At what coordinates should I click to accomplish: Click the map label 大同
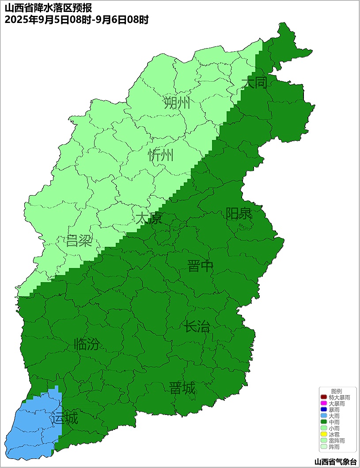[x=254, y=83]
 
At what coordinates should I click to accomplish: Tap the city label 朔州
[x=177, y=103]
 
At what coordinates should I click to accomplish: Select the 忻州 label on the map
[x=161, y=155]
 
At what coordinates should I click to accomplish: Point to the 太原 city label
[x=149, y=218]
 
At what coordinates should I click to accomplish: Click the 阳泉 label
[x=239, y=214]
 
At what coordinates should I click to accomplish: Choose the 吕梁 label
[x=79, y=241]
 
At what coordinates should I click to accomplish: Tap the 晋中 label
[x=200, y=266]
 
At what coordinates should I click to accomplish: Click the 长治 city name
[x=197, y=327]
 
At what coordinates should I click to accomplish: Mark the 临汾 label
[x=87, y=344]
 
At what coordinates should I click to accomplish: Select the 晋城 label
[x=182, y=389]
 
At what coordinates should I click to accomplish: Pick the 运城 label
[x=64, y=418]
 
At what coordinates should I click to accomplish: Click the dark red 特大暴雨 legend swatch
[x=323, y=398]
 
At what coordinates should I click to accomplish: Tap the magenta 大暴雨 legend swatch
[x=323, y=404]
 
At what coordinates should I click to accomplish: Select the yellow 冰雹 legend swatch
[x=323, y=435]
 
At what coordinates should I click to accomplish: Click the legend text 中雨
[x=334, y=423]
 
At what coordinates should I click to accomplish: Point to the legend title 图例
[x=337, y=392]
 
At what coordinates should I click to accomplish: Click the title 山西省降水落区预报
[x=49, y=8]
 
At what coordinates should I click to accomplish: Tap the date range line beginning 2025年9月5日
[x=76, y=19]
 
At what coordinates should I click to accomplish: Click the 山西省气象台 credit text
[x=335, y=462]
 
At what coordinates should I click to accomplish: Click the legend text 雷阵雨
[x=337, y=441]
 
